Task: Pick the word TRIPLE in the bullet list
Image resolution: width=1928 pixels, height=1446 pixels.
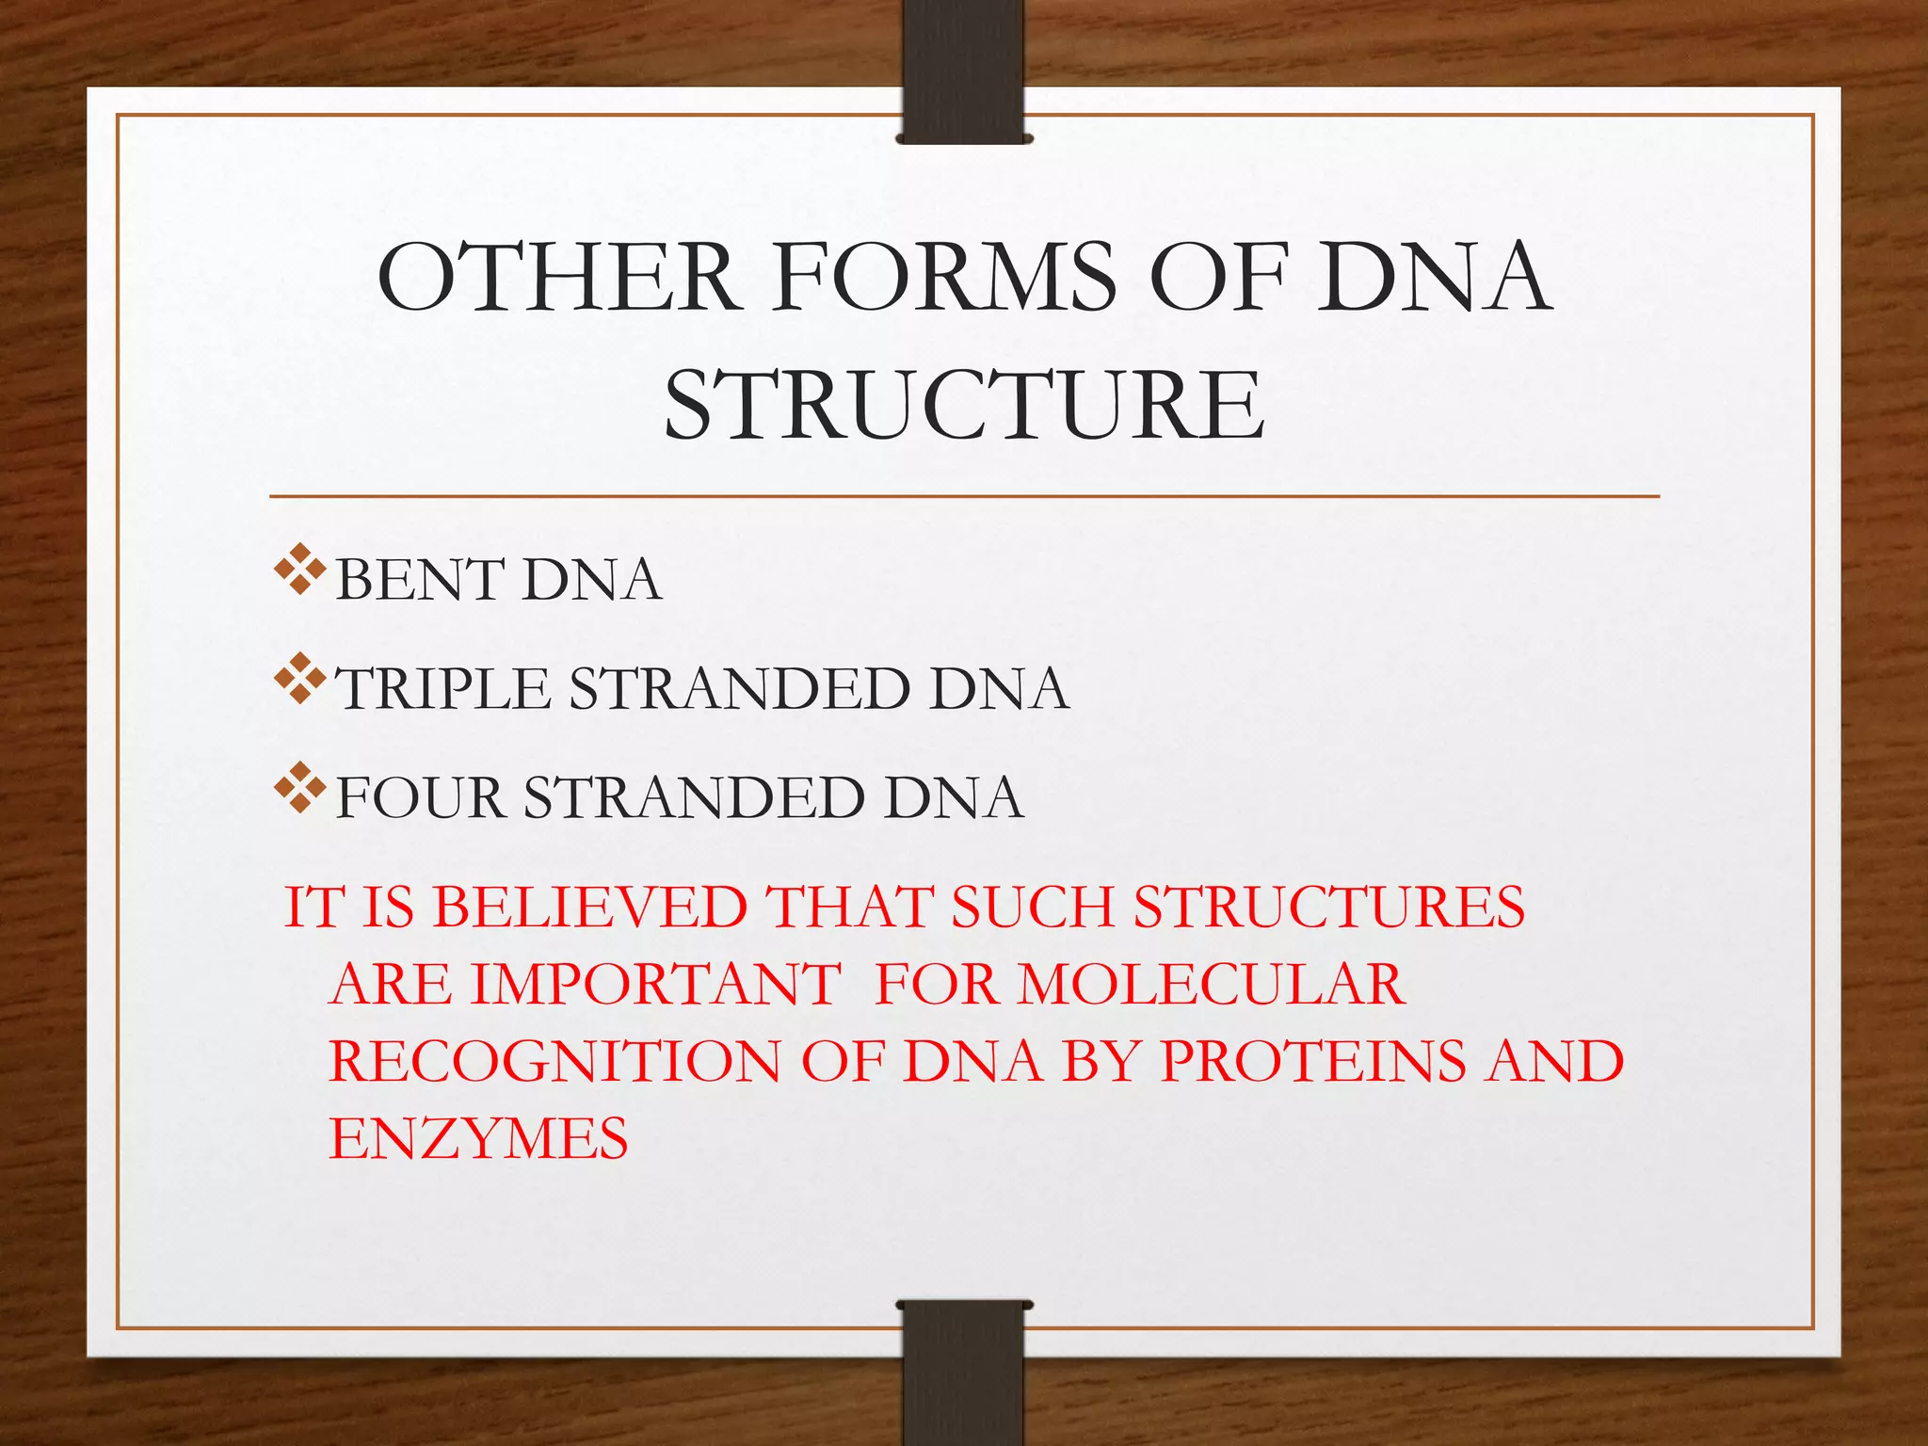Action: (x=443, y=688)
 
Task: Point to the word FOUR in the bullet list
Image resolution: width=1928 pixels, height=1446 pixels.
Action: (x=420, y=797)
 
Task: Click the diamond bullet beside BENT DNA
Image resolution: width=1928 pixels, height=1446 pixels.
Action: (x=300, y=570)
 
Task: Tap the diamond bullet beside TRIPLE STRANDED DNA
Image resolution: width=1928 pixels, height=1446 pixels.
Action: (x=300, y=679)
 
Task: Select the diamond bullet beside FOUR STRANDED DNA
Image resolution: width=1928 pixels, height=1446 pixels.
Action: (x=300, y=788)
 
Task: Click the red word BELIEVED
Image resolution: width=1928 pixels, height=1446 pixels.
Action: (x=590, y=908)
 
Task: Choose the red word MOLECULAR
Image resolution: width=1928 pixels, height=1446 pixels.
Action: (x=1212, y=985)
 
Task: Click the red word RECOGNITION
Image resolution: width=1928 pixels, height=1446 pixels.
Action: (x=554, y=1062)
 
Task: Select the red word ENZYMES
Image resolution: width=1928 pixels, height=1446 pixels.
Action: (x=478, y=1139)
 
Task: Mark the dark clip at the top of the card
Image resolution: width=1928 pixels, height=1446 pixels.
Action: (x=963, y=71)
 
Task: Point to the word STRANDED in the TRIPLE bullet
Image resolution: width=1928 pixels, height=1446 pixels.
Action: (x=739, y=688)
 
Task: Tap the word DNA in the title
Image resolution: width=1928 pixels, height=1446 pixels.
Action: (x=1433, y=277)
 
